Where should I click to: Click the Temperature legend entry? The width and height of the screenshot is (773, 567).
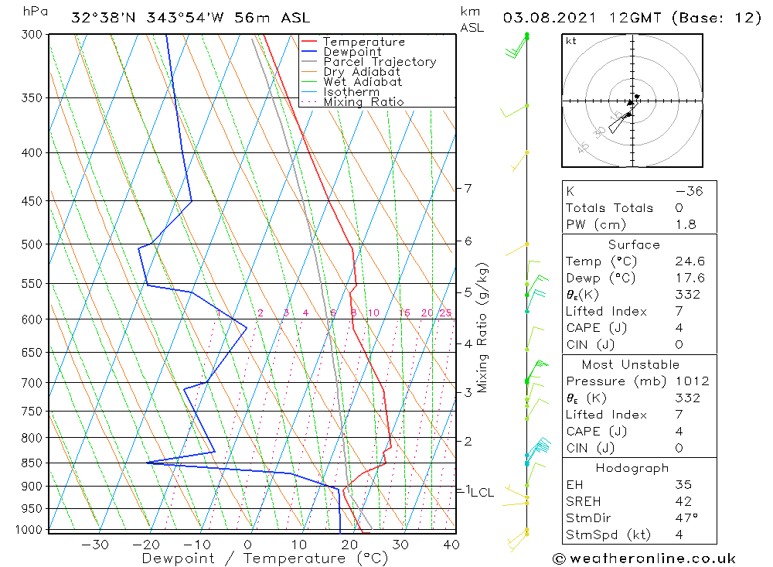pos(363,42)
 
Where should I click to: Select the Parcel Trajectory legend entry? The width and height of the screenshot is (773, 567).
pos(379,62)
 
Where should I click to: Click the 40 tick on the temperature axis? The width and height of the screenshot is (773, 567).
pos(451,545)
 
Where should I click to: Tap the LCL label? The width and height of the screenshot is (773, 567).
pos(482,493)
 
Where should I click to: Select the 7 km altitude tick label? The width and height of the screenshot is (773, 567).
pos(468,188)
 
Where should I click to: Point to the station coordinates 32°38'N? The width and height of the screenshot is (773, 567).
pos(101,17)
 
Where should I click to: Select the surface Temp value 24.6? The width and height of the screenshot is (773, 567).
pos(690,261)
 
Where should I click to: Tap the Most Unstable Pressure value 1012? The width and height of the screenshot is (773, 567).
pos(691,381)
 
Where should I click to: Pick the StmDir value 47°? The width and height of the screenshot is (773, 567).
pos(686,518)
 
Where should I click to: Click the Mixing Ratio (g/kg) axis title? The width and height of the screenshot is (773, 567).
pos(482,327)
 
